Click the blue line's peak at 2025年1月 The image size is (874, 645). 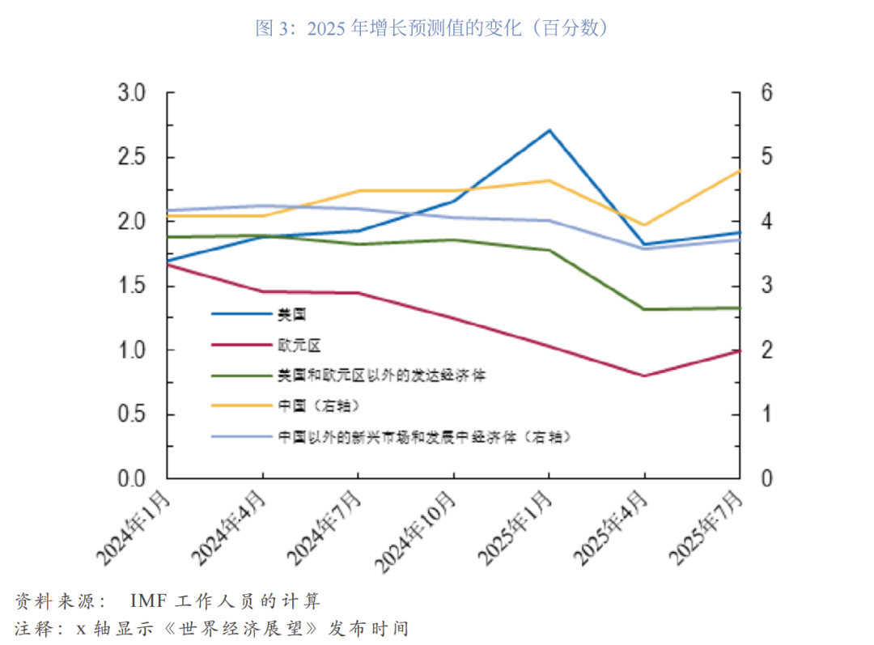click(x=549, y=129)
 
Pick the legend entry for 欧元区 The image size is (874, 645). click(x=299, y=345)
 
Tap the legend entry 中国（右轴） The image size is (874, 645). click(x=318, y=405)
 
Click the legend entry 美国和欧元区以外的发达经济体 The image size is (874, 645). click(x=381, y=376)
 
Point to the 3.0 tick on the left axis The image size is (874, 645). click(x=131, y=93)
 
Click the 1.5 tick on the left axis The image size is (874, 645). click(x=131, y=286)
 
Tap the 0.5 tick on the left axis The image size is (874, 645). click(x=131, y=414)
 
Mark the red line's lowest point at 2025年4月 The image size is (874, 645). click(x=644, y=376)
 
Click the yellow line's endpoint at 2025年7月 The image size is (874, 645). click(x=740, y=170)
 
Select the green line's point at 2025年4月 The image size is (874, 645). click(x=644, y=309)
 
